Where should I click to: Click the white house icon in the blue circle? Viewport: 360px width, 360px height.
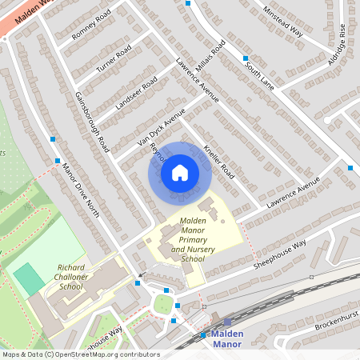180,172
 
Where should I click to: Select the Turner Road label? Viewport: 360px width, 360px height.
113,62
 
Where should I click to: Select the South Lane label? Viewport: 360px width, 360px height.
259,74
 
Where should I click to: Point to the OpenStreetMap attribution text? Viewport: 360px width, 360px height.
80,354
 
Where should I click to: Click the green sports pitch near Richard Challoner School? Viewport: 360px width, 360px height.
29,278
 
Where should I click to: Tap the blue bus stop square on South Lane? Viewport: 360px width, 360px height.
246,58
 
